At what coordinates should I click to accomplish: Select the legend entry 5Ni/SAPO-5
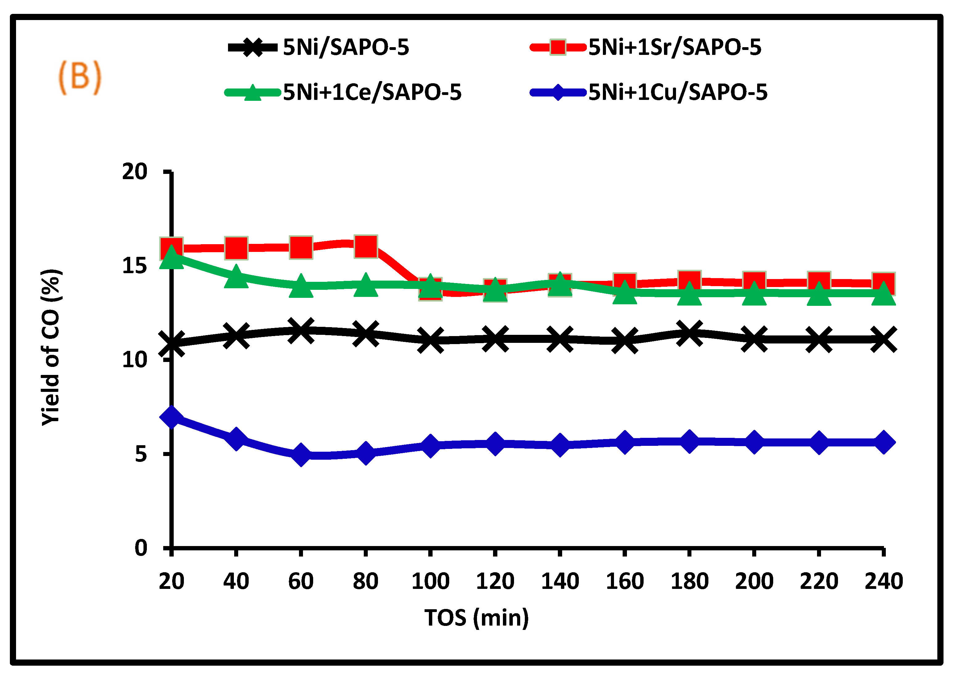coord(346,47)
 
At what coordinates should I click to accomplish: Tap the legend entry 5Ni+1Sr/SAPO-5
coord(674,47)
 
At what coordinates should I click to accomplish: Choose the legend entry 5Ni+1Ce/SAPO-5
coord(372,92)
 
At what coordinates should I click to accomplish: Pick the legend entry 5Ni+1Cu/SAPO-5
coord(678,92)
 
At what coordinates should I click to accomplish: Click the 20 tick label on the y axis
coord(135,172)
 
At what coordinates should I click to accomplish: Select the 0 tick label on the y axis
coord(141,548)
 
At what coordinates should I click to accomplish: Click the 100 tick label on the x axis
coord(430,581)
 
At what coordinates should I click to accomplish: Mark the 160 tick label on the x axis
coord(624,581)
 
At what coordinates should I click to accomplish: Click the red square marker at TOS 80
coord(366,246)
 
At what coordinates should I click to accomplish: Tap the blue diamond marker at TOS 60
coord(301,454)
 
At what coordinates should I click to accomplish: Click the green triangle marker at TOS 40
coord(236,276)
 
